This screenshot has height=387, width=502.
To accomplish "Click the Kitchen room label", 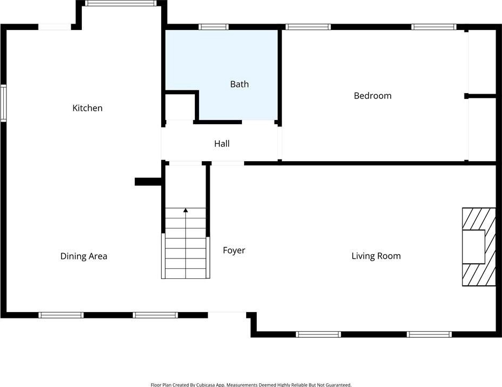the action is click(87, 108).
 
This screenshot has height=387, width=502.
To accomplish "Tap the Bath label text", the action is click(239, 84).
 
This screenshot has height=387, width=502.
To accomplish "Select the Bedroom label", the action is click(372, 96).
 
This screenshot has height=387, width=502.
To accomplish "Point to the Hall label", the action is click(222, 143).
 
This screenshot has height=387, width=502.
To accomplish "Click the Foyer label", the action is click(234, 251).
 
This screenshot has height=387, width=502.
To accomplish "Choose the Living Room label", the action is click(376, 256).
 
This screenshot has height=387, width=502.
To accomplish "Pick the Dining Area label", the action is click(84, 256).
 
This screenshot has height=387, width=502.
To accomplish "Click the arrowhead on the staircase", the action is click(186, 210).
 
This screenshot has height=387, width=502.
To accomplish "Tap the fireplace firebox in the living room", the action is click(474, 247).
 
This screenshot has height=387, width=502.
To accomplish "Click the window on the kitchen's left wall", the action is click(3, 103).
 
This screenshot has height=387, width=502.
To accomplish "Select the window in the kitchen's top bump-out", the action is click(121, 3).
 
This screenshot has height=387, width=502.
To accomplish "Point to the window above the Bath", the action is click(214, 27).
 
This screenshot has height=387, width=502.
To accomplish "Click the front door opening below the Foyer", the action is click(227, 313).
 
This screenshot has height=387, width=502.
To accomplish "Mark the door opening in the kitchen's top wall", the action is click(55, 27).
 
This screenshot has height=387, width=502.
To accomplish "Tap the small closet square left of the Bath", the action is click(180, 107).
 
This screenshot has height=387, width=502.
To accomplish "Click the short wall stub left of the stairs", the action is click(148, 182).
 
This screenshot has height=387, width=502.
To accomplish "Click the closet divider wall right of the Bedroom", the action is click(480, 96).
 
